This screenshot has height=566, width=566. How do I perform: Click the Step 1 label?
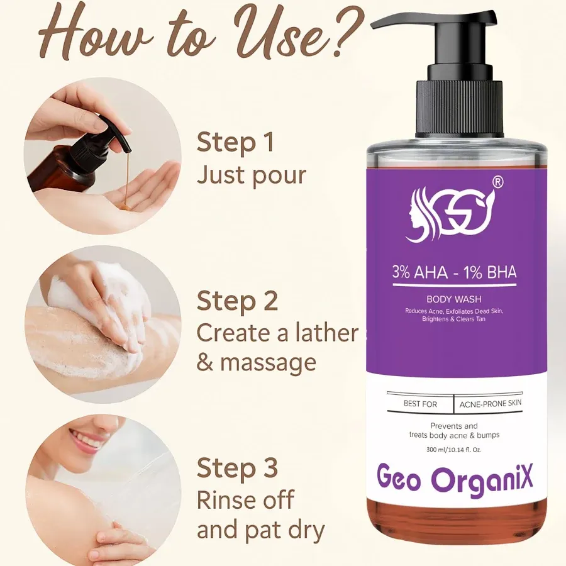pyautogui.click(x=235, y=143)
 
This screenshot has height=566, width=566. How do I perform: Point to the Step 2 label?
pyautogui.click(x=237, y=301)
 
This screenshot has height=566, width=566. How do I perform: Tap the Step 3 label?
pyautogui.click(x=237, y=469)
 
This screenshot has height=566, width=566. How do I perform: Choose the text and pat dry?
pyautogui.click(x=260, y=530)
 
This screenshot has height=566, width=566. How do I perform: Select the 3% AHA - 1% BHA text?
pyautogui.click(x=454, y=273)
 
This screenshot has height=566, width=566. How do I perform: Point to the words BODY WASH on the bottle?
pyautogui.click(x=454, y=299)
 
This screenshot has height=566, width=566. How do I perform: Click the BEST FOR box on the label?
pyautogui.click(x=420, y=404)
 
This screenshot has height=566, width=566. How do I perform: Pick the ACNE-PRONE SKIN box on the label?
pyautogui.click(x=491, y=404)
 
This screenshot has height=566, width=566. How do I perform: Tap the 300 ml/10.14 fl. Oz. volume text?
pyautogui.click(x=454, y=449)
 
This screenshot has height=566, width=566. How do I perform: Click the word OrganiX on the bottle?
pyautogui.click(x=482, y=479)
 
